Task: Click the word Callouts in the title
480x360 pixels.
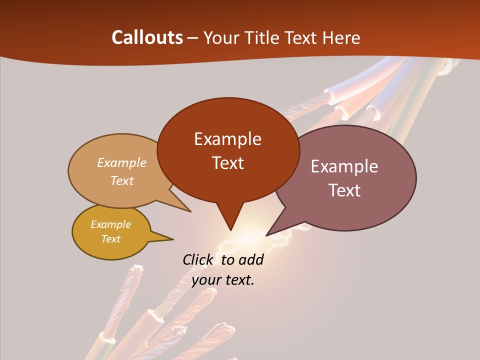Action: click(x=147, y=37)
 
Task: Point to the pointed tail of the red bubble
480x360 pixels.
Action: click(x=230, y=227)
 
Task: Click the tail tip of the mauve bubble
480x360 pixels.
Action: click(x=268, y=234)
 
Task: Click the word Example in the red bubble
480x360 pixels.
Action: click(x=227, y=139)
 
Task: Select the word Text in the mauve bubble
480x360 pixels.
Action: click(x=344, y=190)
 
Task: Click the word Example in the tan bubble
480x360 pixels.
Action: click(x=122, y=163)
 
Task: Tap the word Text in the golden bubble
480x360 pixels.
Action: click(x=111, y=239)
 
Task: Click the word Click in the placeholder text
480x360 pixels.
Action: click(x=197, y=259)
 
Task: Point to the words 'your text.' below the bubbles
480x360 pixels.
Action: click(x=223, y=280)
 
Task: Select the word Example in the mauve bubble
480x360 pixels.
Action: click(x=344, y=166)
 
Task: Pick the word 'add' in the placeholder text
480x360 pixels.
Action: click(x=250, y=259)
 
